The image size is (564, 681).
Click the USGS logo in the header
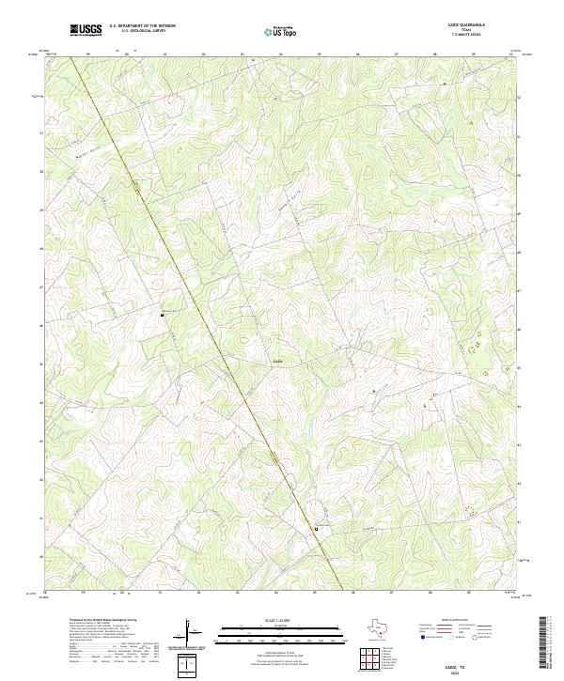[86, 30]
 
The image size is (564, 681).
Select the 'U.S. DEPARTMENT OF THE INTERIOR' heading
[142, 26]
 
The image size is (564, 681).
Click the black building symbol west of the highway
[163, 316]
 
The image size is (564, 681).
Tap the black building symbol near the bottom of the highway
[316, 529]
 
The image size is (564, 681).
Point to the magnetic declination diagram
[191, 633]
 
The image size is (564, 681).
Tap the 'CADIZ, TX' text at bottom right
[458, 665]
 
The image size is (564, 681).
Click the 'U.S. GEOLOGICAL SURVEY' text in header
[141, 31]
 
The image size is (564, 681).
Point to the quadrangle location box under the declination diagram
[189, 666]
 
